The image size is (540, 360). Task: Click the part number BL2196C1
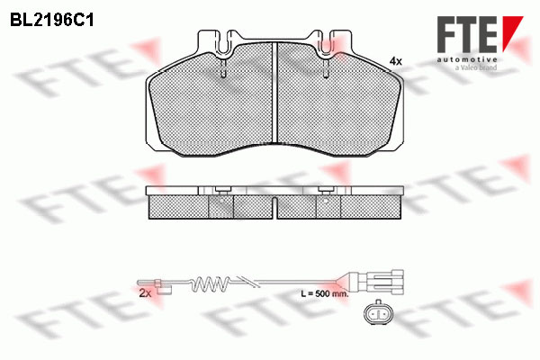coord(52,21)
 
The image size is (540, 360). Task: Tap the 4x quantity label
coord(396,62)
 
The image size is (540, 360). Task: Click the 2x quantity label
coord(145,293)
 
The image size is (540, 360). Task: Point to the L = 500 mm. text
coord(325,294)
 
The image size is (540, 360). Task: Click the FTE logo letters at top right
coord(467,34)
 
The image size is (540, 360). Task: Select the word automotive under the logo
coord(467,59)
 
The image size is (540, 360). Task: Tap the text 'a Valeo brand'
coord(476,67)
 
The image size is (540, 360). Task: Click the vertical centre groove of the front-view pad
coord(274,92)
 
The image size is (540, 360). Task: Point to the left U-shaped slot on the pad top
coord(224,45)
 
